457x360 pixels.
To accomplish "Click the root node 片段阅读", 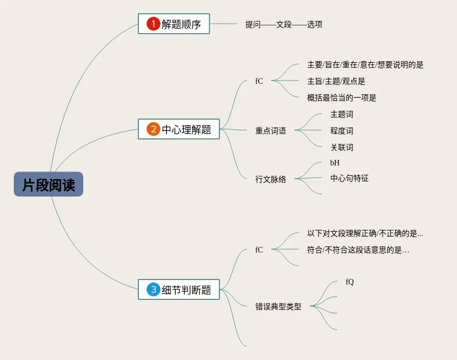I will [x=49, y=185].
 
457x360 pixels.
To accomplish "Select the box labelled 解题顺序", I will [x=174, y=24].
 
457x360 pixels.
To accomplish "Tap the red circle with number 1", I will [x=153, y=24].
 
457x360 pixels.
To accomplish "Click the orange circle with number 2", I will [x=153, y=130].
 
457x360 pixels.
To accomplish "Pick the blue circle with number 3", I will [x=153, y=289].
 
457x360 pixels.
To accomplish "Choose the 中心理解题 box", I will [x=179, y=130].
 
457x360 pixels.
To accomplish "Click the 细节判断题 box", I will [x=179, y=289].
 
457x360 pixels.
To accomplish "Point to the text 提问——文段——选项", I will [x=284, y=24].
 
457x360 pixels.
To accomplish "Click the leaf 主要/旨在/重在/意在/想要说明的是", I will [x=365, y=65].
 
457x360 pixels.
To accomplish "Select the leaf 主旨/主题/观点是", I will [x=336, y=82].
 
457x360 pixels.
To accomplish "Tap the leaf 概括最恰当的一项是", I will [x=341, y=98].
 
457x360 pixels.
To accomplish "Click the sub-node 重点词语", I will [x=271, y=131].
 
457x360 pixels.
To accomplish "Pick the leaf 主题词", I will [x=342, y=115].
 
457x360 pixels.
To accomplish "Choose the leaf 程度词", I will [x=342, y=131].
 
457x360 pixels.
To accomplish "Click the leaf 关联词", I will [x=342, y=148].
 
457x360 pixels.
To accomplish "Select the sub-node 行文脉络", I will [x=271, y=179].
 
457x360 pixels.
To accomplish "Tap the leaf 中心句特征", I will [x=350, y=178].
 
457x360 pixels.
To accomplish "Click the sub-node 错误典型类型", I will [x=278, y=307].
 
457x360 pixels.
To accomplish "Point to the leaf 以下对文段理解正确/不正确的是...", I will [x=365, y=234].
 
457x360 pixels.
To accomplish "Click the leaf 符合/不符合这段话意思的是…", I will [x=358, y=250].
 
